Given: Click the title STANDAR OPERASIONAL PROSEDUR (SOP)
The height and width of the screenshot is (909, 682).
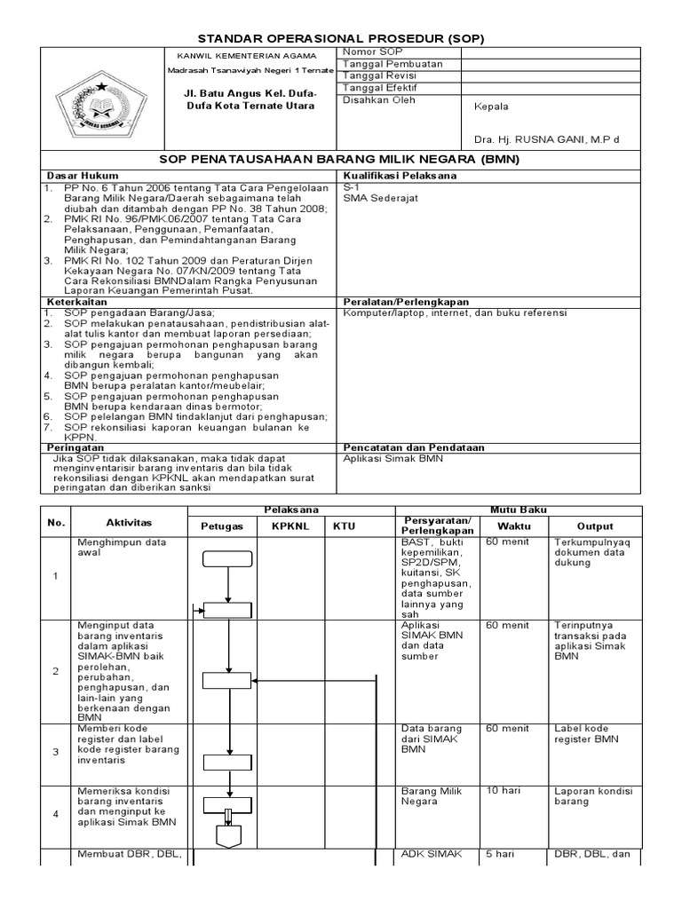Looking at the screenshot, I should tap(341, 38).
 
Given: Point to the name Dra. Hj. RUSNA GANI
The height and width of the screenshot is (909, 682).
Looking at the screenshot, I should tap(547, 139).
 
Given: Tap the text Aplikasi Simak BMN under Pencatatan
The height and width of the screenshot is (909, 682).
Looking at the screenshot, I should tap(393, 459).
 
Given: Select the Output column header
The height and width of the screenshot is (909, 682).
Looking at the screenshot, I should tap(594, 526).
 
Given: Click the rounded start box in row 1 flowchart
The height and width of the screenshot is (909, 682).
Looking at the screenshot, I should tap(227, 558).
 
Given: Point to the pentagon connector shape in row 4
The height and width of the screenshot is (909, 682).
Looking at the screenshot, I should tap(228, 835).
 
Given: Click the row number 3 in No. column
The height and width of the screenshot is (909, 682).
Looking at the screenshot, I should tap(56, 751).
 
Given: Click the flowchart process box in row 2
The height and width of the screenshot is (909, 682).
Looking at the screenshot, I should tap(227, 680).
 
